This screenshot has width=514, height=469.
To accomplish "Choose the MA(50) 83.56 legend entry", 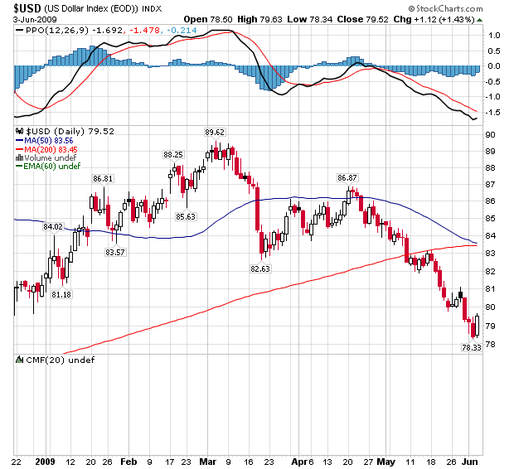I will [50, 140].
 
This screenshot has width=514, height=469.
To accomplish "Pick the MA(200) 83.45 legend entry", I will [52, 148].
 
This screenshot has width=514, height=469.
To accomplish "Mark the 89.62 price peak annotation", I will [216, 132].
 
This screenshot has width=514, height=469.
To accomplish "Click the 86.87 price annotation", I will [347, 177].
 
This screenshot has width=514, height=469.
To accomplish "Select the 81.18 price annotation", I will [61, 294].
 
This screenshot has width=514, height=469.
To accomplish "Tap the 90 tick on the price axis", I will [492, 134].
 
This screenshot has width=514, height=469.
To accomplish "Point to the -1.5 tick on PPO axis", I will [492, 111].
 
